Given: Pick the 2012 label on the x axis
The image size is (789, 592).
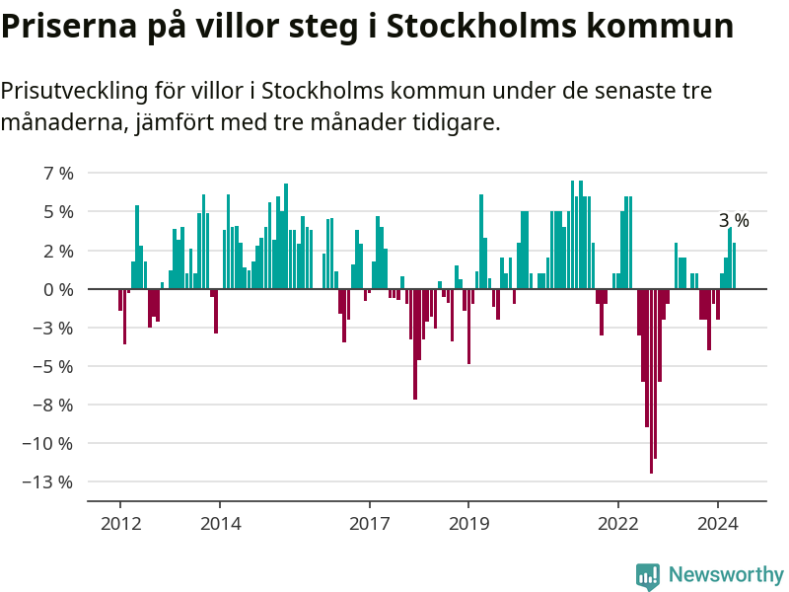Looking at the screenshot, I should (120, 524).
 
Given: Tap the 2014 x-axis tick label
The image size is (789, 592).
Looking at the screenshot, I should (220, 524).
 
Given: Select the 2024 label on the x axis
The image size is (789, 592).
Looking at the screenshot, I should (718, 524).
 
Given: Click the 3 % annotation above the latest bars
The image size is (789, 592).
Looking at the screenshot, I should (733, 221).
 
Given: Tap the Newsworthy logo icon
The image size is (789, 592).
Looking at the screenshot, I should (647, 575).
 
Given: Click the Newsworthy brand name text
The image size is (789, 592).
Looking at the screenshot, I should (726, 574).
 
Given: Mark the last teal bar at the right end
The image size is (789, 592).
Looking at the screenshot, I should (734, 265).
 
